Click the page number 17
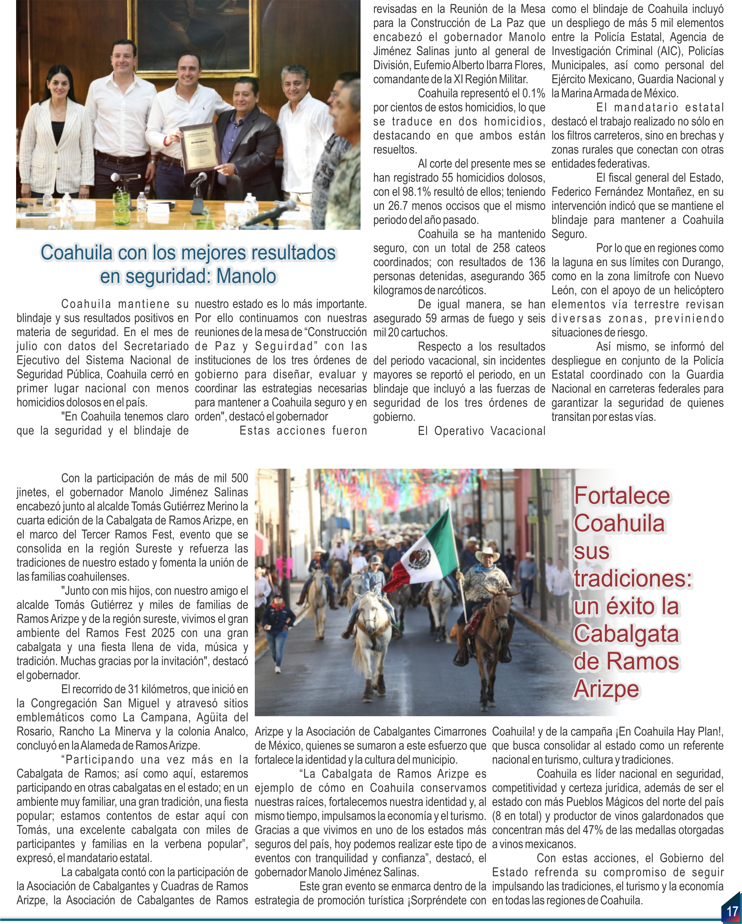[x=732, y=910]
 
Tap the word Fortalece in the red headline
[x=622, y=496]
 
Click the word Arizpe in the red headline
[x=606, y=689]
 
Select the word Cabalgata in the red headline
[x=626, y=634]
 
